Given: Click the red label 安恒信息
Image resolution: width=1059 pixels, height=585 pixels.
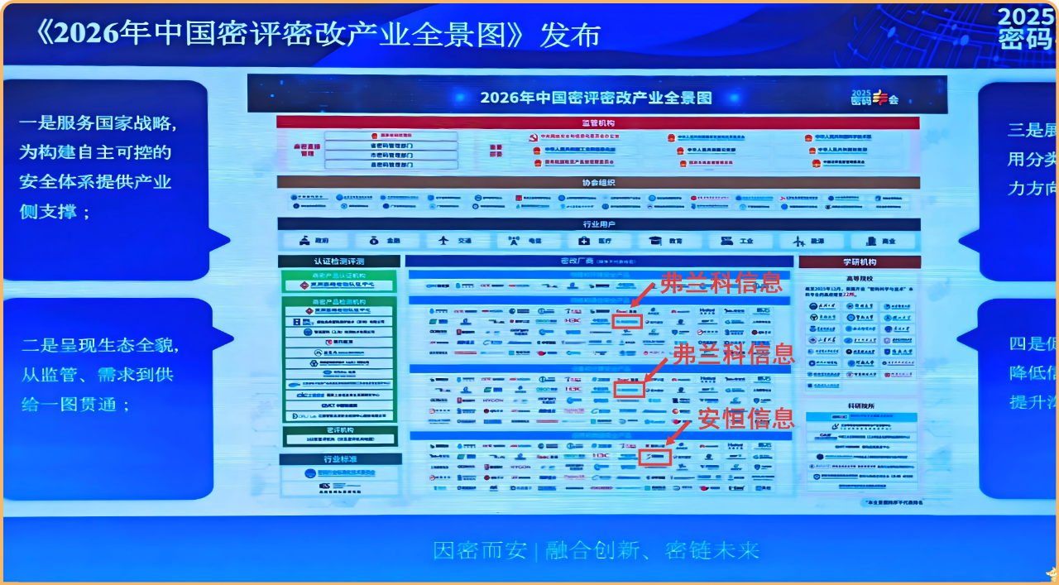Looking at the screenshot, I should click(746, 419).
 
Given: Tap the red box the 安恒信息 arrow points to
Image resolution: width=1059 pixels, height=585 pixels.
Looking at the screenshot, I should click(655, 457).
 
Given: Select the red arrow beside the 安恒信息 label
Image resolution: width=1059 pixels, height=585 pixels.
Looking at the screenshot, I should click(678, 431).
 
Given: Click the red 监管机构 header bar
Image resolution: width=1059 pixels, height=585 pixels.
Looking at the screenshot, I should click(597, 122).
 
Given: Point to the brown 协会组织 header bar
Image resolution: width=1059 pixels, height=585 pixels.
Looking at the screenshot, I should click(597, 183).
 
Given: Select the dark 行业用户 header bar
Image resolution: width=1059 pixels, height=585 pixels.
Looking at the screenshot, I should click(598, 224).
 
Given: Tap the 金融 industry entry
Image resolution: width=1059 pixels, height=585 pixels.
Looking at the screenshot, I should click(385, 241).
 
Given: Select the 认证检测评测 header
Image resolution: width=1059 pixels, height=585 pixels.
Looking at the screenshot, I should click(338, 261).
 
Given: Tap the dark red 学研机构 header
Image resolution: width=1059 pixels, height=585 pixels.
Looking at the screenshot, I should click(860, 261).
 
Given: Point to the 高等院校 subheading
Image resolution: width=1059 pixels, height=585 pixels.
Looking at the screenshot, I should click(860, 278).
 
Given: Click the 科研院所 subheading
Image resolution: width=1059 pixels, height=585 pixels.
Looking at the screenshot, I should click(860, 405).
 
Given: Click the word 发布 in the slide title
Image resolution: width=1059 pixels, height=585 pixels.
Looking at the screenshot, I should click(571, 35).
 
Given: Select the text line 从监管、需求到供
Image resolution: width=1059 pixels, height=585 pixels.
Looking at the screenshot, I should click(98, 375).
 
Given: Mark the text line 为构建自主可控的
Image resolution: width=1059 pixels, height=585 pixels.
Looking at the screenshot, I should click(95, 152).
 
